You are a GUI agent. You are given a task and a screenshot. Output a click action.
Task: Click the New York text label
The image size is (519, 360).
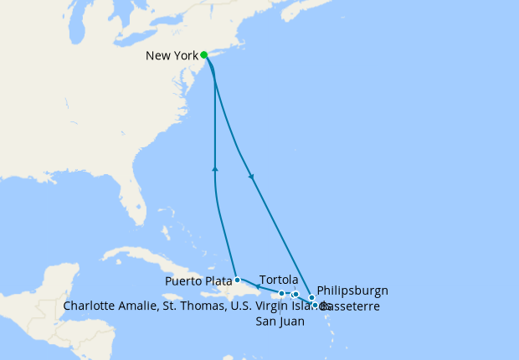coord(172,56)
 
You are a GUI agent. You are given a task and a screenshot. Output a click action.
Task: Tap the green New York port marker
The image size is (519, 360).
coord(204,55)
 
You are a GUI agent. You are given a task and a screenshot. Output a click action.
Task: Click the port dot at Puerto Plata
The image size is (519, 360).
coord(238,280)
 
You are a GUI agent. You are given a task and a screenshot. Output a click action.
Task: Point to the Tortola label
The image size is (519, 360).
coord(280,279)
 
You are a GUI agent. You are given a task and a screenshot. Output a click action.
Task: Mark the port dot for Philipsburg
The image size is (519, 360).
coord(311,298)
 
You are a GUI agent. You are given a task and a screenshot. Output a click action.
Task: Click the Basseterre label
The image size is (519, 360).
coord(352,306)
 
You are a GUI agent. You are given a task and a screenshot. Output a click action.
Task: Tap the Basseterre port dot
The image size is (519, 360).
coord(316,305)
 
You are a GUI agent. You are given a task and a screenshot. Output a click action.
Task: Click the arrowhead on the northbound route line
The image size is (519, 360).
coord(216,169)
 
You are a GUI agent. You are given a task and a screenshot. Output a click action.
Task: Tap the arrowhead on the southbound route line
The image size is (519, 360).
coord(252,177)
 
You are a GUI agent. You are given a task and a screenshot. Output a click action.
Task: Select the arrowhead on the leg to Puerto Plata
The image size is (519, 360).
coord(256,288)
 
